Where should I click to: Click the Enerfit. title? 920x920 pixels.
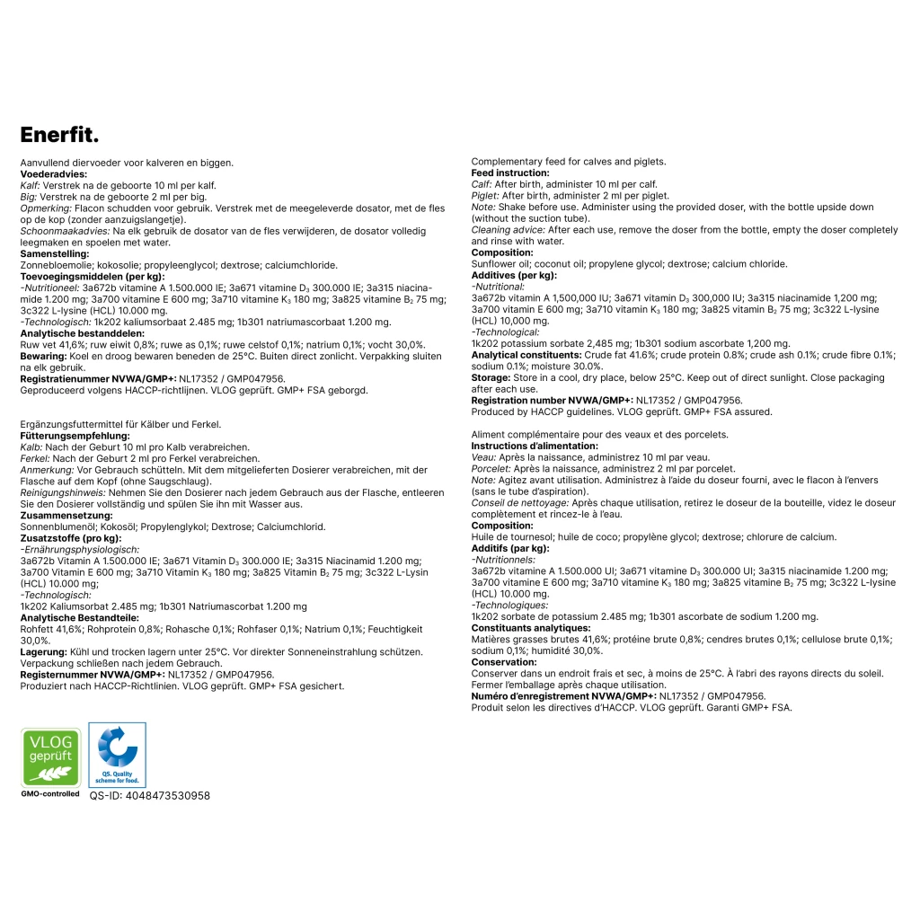click(x=59, y=135)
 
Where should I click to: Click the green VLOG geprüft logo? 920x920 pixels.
click(x=50, y=757)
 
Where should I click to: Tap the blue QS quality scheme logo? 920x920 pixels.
click(x=117, y=755)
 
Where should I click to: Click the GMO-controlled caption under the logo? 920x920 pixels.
click(x=50, y=794)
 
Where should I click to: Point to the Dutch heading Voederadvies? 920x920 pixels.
click(x=53, y=174)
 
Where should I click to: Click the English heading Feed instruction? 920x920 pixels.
click(x=510, y=173)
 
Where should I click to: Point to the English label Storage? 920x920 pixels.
click(x=491, y=378)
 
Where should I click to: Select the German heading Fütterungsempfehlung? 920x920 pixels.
click(x=75, y=436)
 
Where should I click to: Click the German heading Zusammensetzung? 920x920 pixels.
click(x=66, y=516)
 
